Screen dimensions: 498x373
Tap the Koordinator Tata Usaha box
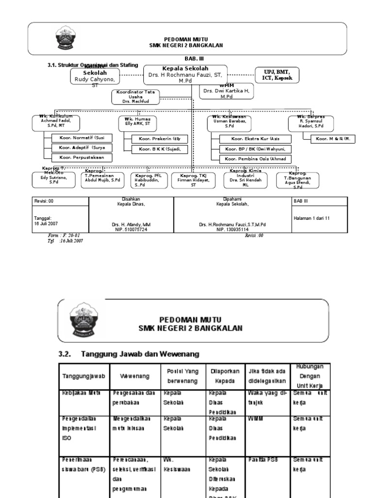(136, 97)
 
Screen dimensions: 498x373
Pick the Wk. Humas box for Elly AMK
(137, 124)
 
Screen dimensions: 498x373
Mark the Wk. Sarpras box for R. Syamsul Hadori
(308, 124)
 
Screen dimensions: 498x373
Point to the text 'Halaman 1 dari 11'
(311, 218)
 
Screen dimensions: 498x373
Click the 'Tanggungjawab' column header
(80, 376)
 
